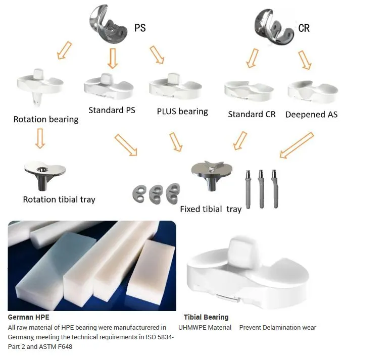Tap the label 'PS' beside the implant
(x=140, y=28)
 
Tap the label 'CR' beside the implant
(x=304, y=28)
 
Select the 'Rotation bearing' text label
(x=46, y=120)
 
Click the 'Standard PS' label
(x=112, y=110)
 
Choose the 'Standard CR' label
(x=252, y=114)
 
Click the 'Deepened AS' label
(x=311, y=114)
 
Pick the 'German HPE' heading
(x=29, y=318)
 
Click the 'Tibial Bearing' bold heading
(x=206, y=318)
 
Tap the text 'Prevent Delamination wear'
(x=277, y=328)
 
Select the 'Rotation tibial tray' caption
(x=59, y=199)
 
